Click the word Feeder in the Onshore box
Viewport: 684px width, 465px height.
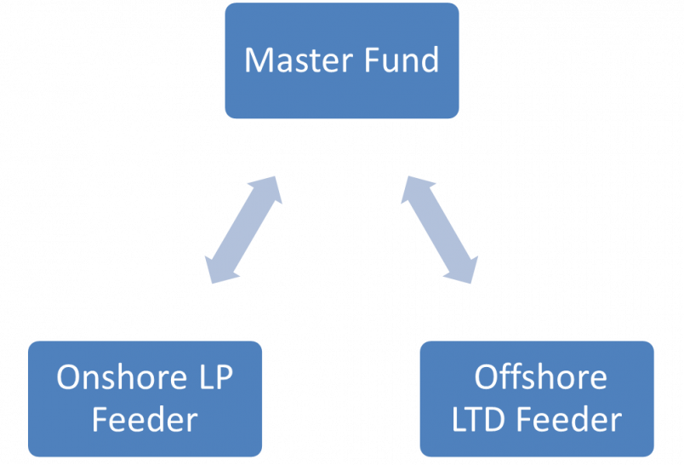pyautogui.click(x=145, y=420)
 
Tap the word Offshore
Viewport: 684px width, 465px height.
pyautogui.click(x=541, y=376)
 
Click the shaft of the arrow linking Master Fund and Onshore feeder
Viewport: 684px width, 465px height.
pyautogui.click(x=243, y=228)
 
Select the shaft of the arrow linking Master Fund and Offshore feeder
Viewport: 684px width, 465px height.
pyautogui.click(x=440, y=228)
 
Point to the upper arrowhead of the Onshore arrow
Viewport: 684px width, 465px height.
pyautogui.click(x=271, y=186)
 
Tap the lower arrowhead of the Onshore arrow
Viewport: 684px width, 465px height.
pyautogui.click(x=215, y=271)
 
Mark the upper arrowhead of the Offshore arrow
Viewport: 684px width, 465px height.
pyautogui.click(x=413, y=186)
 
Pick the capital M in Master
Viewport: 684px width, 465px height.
pyautogui.click(x=258, y=60)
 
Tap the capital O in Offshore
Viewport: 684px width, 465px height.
pyautogui.click(x=487, y=376)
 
